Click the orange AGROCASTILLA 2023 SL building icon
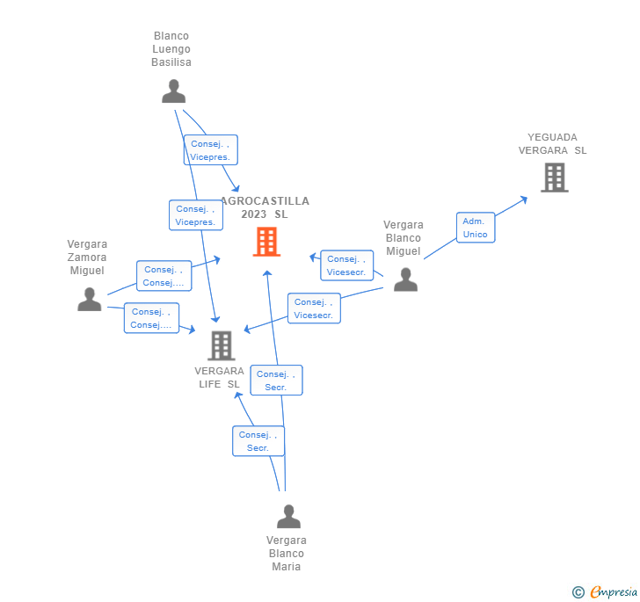point(266,242)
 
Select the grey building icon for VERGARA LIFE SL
point(222,345)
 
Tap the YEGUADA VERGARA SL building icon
point(554,178)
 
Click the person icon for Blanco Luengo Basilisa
point(174,91)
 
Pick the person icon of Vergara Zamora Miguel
point(90,300)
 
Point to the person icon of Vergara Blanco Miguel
point(405,279)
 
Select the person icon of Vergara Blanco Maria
point(288,517)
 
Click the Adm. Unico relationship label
point(476,228)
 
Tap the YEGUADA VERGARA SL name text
point(552,143)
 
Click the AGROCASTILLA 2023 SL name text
point(265,207)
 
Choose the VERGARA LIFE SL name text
point(220,377)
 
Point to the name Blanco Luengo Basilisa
point(171,49)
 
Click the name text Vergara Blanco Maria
point(287,554)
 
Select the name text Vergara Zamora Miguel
point(87,257)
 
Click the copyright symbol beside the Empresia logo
point(578,593)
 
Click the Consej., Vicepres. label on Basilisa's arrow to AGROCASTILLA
point(211,150)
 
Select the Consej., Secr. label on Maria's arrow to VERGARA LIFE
point(258,441)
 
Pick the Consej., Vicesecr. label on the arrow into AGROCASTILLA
point(346,265)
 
